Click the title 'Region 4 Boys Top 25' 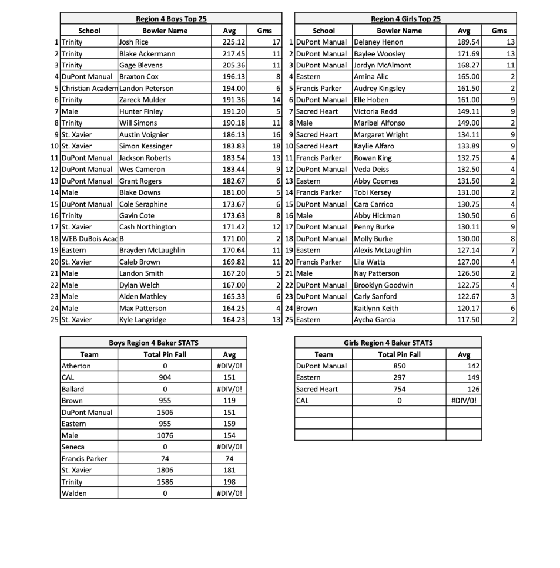pyautogui.click(x=170, y=19)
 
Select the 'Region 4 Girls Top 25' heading pyautogui.click(x=405, y=19)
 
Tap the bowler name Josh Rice pyautogui.click(x=134, y=42)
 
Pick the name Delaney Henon pyautogui.click(x=378, y=42)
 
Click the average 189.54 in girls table pyautogui.click(x=468, y=42)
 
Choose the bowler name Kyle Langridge pyautogui.click(x=143, y=320)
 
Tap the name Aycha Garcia pyautogui.click(x=374, y=320)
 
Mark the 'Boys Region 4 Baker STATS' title pyautogui.click(x=153, y=343)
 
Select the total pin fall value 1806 pyautogui.click(x=165, y=470)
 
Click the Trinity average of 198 pyautogui.click(x=229, y=482)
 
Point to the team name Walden pyautogui.click(x=74, y=493)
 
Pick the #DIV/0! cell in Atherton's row pyautogui.click(x=229, y=366)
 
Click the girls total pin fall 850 pyautogui.click(x=400, y=366)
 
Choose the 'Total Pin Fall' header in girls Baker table pyautogui.click(x=400, y=354)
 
